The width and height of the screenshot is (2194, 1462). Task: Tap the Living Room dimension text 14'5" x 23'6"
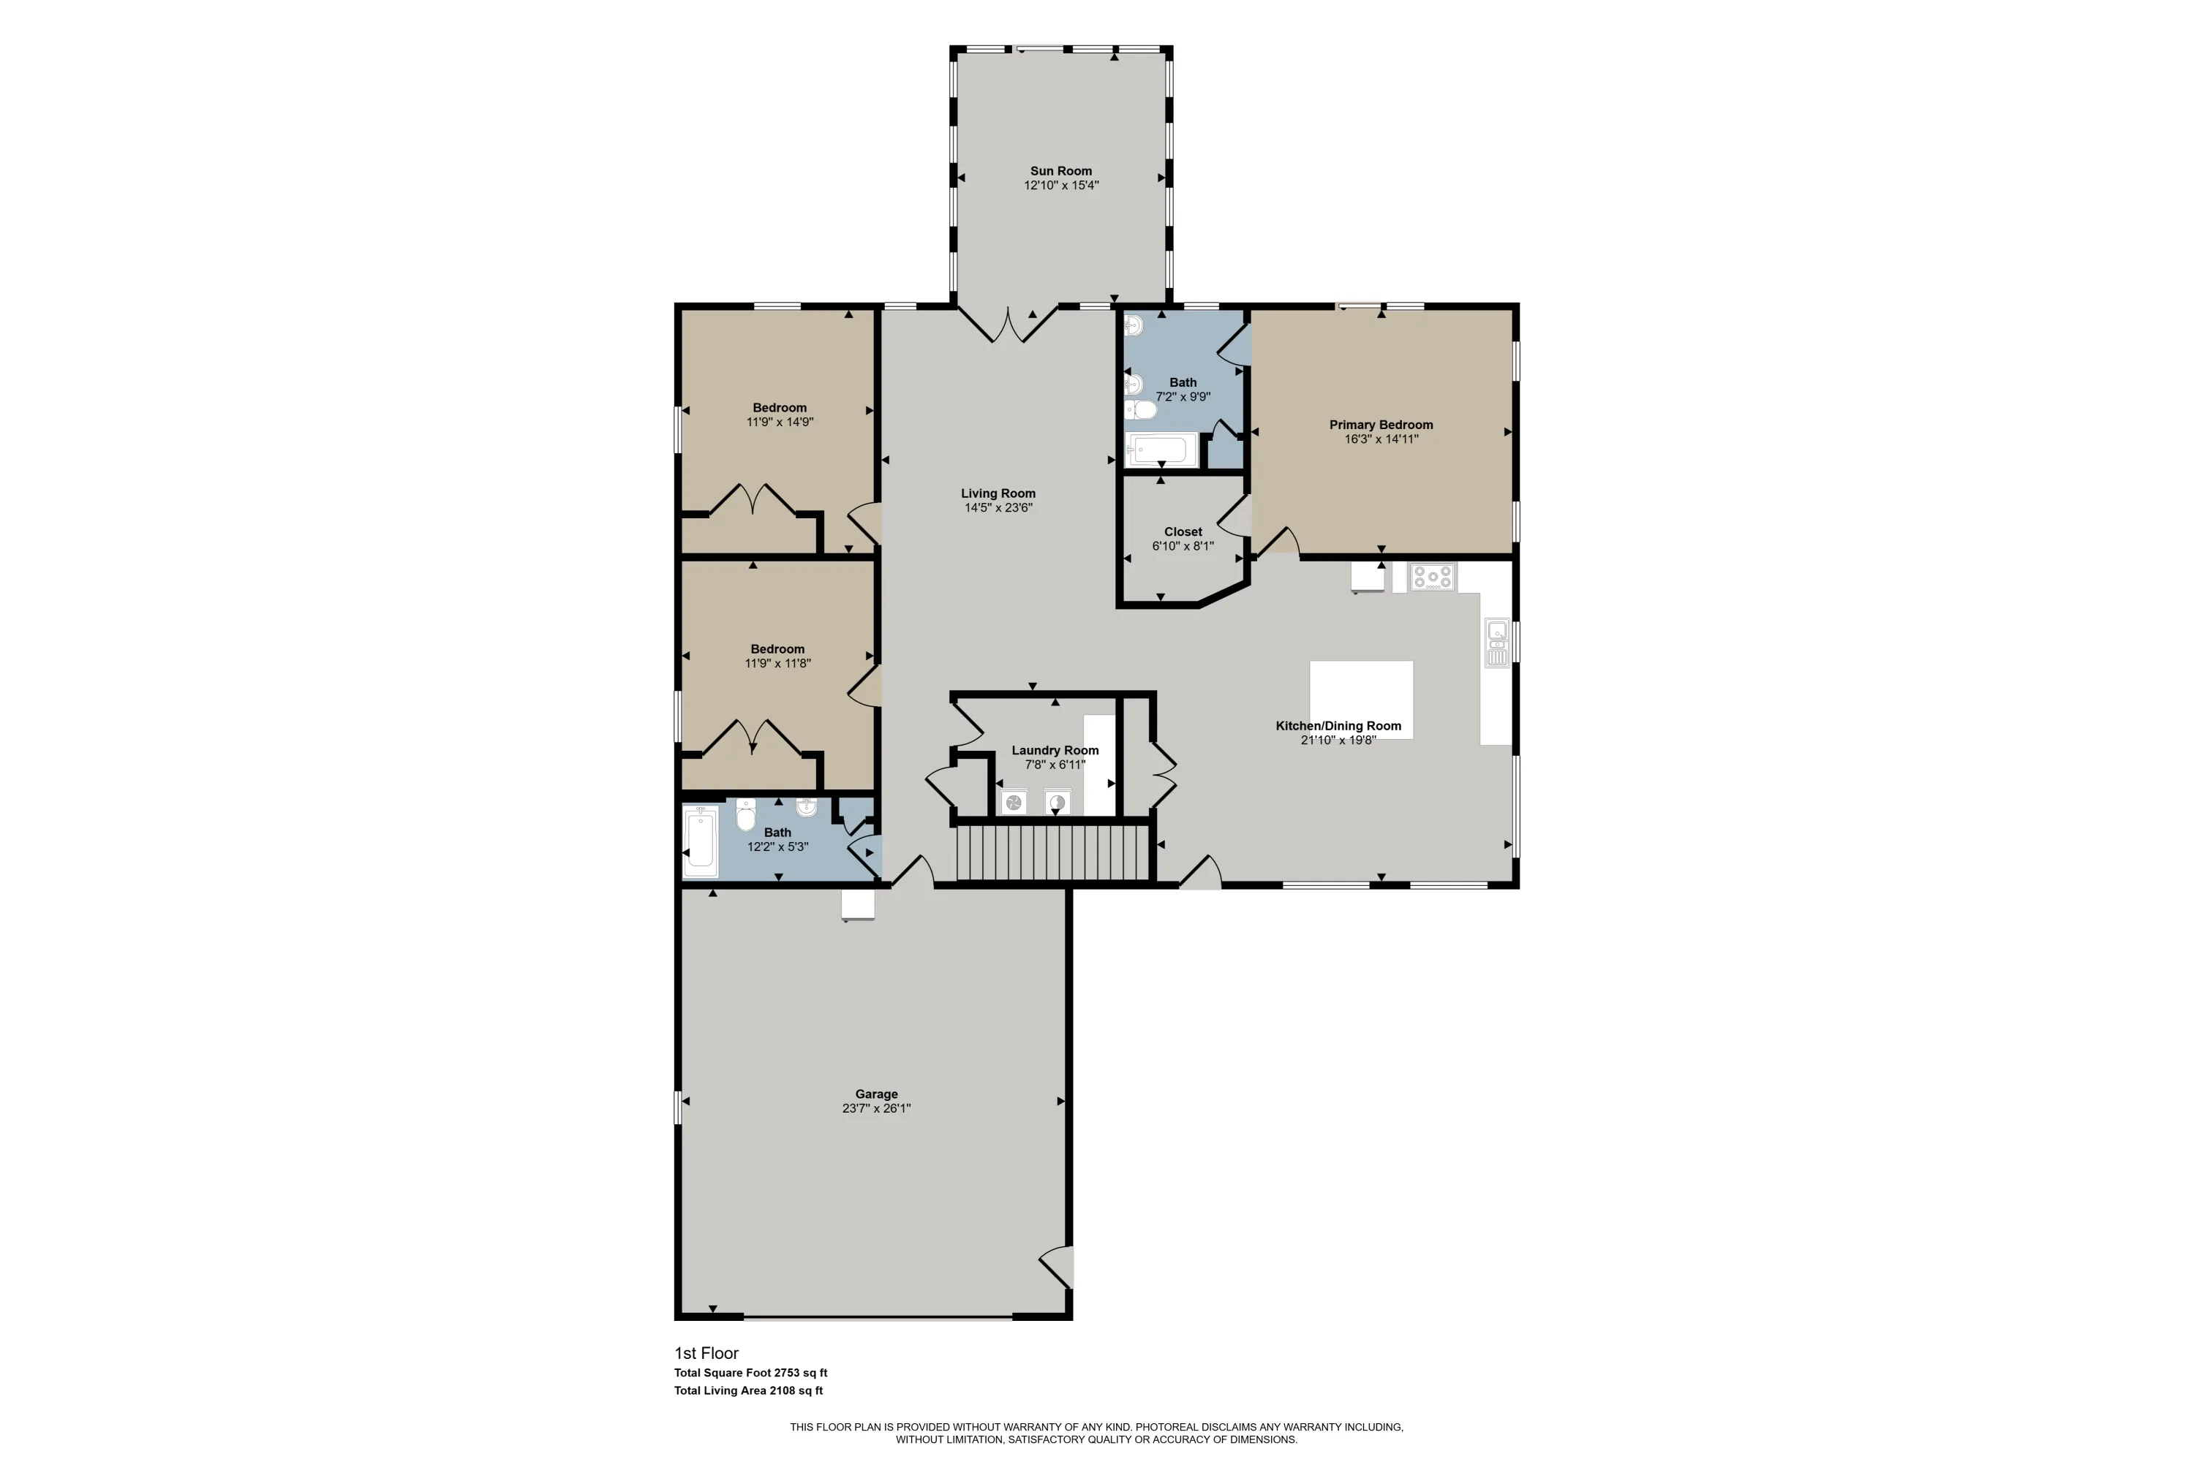click(x=998, y=508)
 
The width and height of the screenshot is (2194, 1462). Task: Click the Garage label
click(x=876, y=1094)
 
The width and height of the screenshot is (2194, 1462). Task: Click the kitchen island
click(x=1361, y=700)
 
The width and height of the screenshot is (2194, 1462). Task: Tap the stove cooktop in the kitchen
click(x=1432, y=577)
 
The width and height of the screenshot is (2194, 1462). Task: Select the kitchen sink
click(x=1496, y=643)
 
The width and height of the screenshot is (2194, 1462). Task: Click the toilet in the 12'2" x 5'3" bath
click(x=745, y=814)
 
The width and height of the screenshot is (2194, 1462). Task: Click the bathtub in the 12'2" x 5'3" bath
click(x=700, y=841)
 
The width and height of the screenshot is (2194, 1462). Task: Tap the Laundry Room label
click(x=1055, y=751)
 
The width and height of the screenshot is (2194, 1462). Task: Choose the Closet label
click(x=1183, y=532)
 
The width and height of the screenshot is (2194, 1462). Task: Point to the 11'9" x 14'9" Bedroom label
click(x=780, y=407)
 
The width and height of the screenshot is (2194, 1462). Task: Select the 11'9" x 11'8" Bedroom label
click(x=778, y=649)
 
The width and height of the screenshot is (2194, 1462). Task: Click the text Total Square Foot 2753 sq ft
click(x=751, y=1373)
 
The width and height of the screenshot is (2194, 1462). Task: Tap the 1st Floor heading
click(x=706, y=1353)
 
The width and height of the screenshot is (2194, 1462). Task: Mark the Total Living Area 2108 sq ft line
click(x=748, y=1390)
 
